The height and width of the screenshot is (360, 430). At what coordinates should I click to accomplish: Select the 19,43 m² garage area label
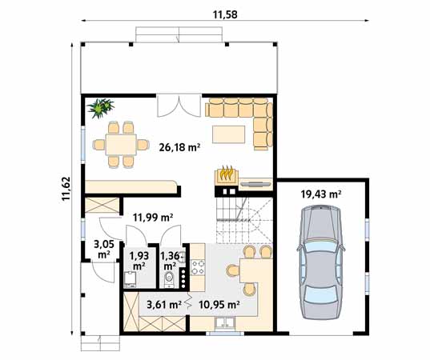coord(321,194)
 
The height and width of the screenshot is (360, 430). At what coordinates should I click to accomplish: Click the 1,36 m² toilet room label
coord(170,261)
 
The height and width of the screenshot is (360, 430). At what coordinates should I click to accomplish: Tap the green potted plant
coord(102,107)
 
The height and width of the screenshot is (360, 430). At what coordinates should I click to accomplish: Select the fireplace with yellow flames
coord(225,175)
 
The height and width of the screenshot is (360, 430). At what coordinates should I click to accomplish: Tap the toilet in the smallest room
coord(169,278)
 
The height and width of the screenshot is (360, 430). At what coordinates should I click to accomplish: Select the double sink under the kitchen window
coord(223,324)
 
